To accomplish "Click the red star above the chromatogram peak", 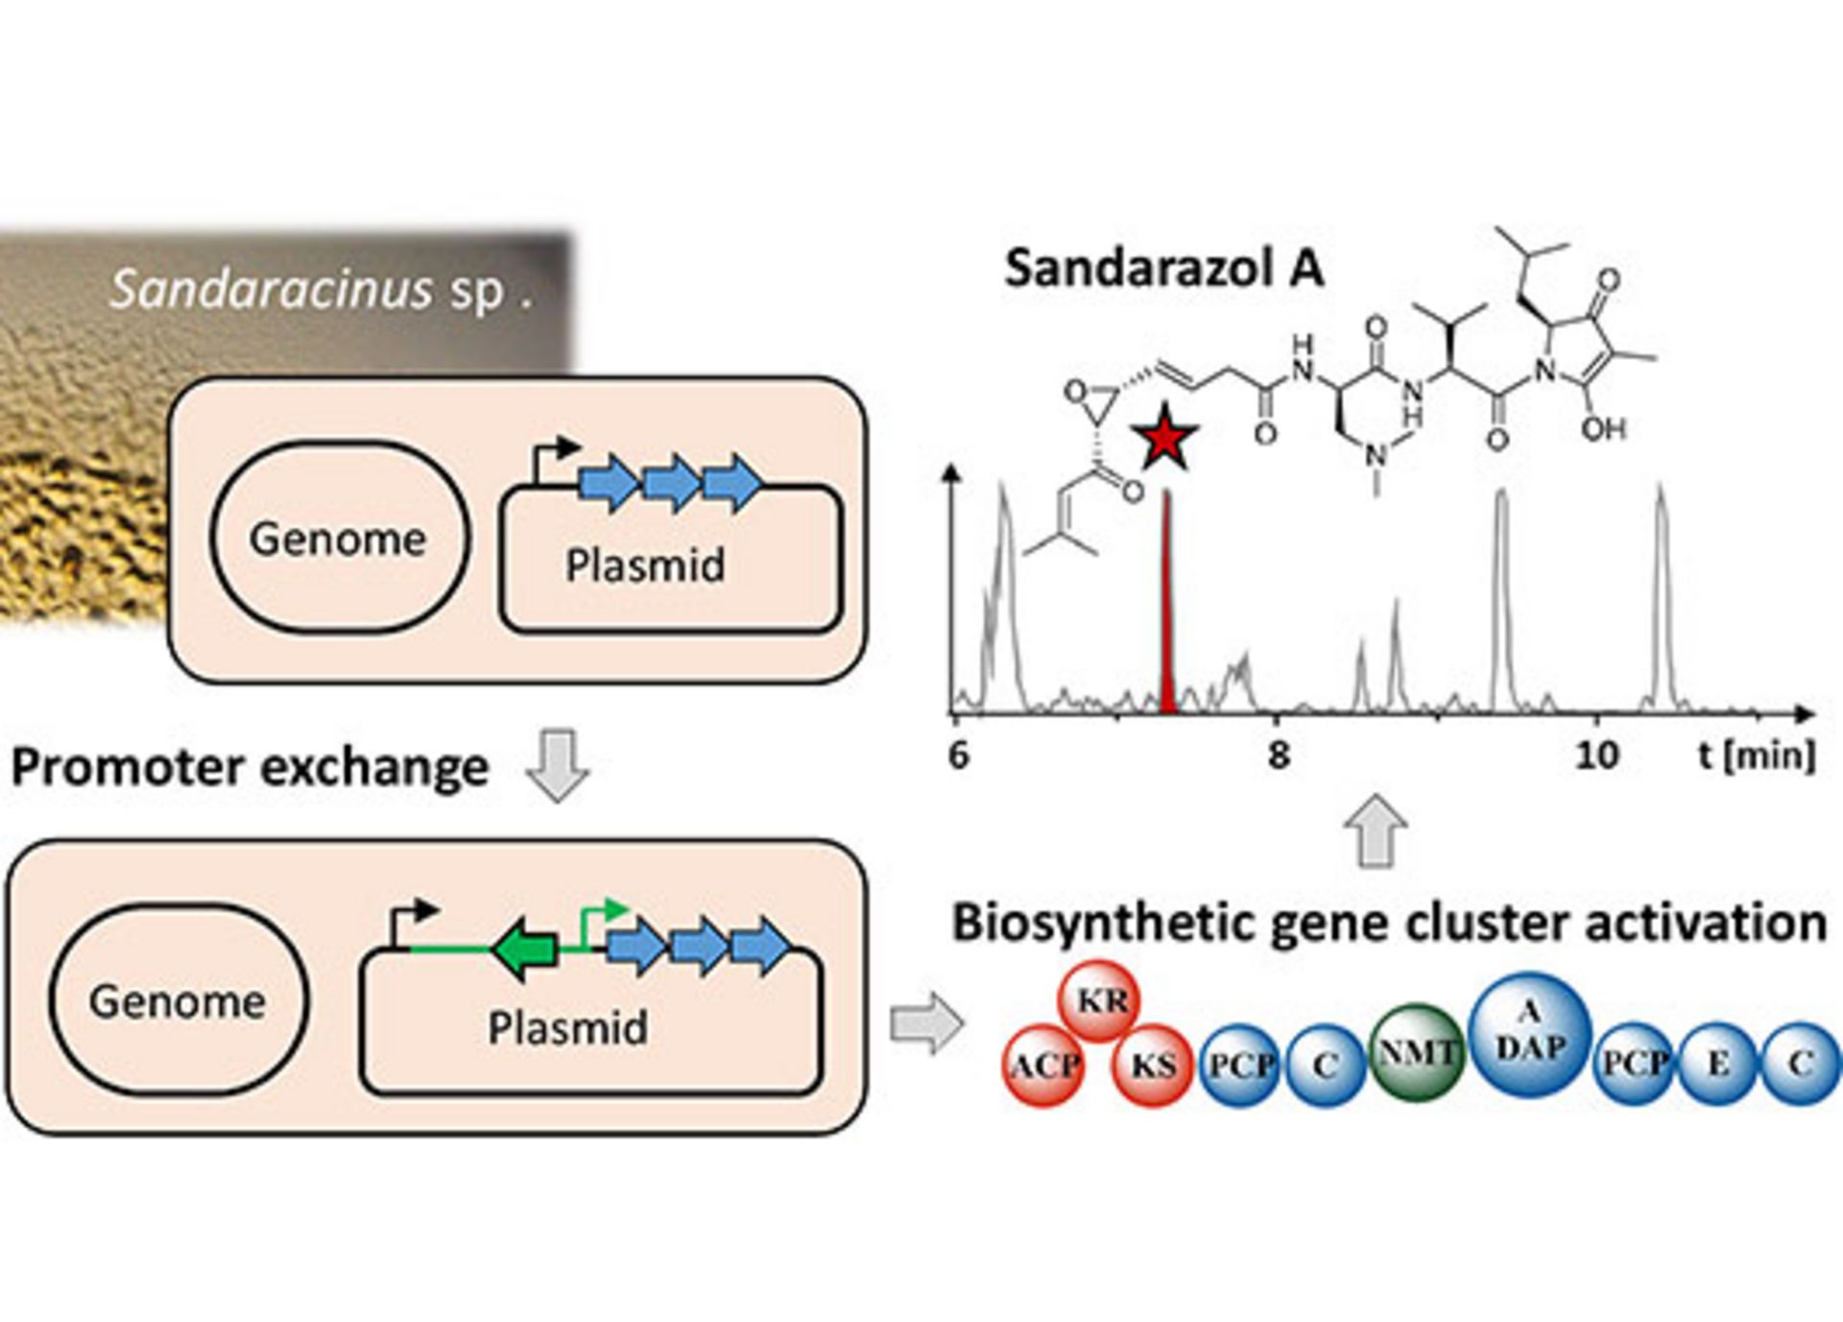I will coord(1164,438).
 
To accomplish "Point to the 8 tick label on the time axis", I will coord(1278,756).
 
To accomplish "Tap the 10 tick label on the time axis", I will coord(1597,756).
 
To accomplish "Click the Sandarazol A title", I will coord(1163,268).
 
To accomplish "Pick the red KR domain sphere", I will coord(1100,1000).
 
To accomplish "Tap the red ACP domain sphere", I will coord(1044,1065).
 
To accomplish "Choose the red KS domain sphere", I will coord(1152,1065).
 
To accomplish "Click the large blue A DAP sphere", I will coord(1530,1034).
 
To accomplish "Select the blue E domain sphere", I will coord(1717,1063).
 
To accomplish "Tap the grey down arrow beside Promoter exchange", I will coord(557,765).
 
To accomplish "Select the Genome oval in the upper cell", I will coord(340,538).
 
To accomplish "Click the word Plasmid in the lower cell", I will coord(567,1027).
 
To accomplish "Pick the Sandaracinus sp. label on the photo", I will coord(321,289).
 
